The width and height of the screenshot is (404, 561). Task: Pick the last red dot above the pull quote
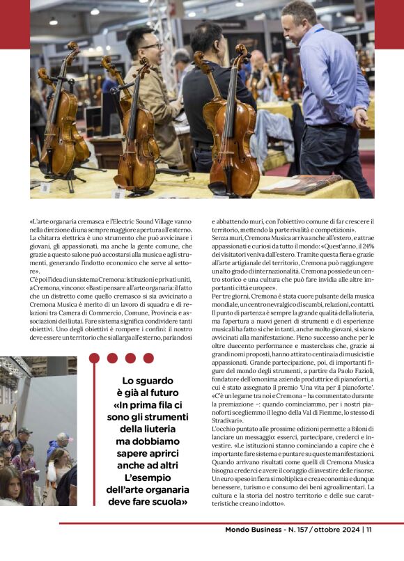click(148, 358)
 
